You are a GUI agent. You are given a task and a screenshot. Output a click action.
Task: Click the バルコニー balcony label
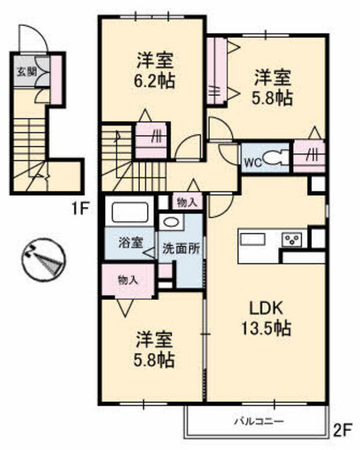(257, 419)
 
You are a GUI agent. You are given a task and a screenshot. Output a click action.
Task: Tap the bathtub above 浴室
(129, 214)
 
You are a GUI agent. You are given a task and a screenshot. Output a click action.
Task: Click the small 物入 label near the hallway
(186, 202)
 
